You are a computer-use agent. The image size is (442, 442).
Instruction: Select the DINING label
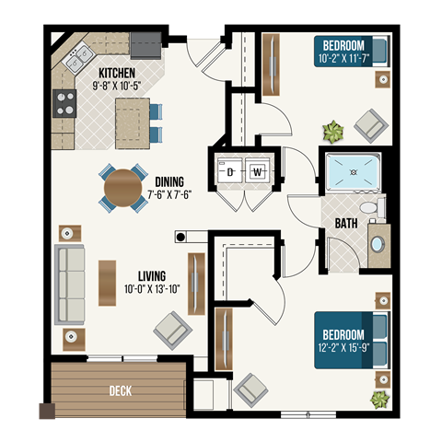pyautogui.click(x=169, y=181)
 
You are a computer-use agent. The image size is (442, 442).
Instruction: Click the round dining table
pyautogui.click(x=122, y=188)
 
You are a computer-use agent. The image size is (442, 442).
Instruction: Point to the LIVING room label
pyautogui.click(x=151, y=275)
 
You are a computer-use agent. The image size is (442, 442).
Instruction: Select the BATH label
pyautogui.click(x=346, y=224)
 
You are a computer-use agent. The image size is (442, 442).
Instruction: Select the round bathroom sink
pyautogui.click(x=378, y=244)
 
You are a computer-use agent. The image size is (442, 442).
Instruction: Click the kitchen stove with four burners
pyautogui.click(x=64, y=103)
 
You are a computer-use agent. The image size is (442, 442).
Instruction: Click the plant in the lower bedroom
pyautogui.click(x=378, y=399)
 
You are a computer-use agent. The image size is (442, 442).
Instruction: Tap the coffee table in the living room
pyautogui.click(x=107, y=283)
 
